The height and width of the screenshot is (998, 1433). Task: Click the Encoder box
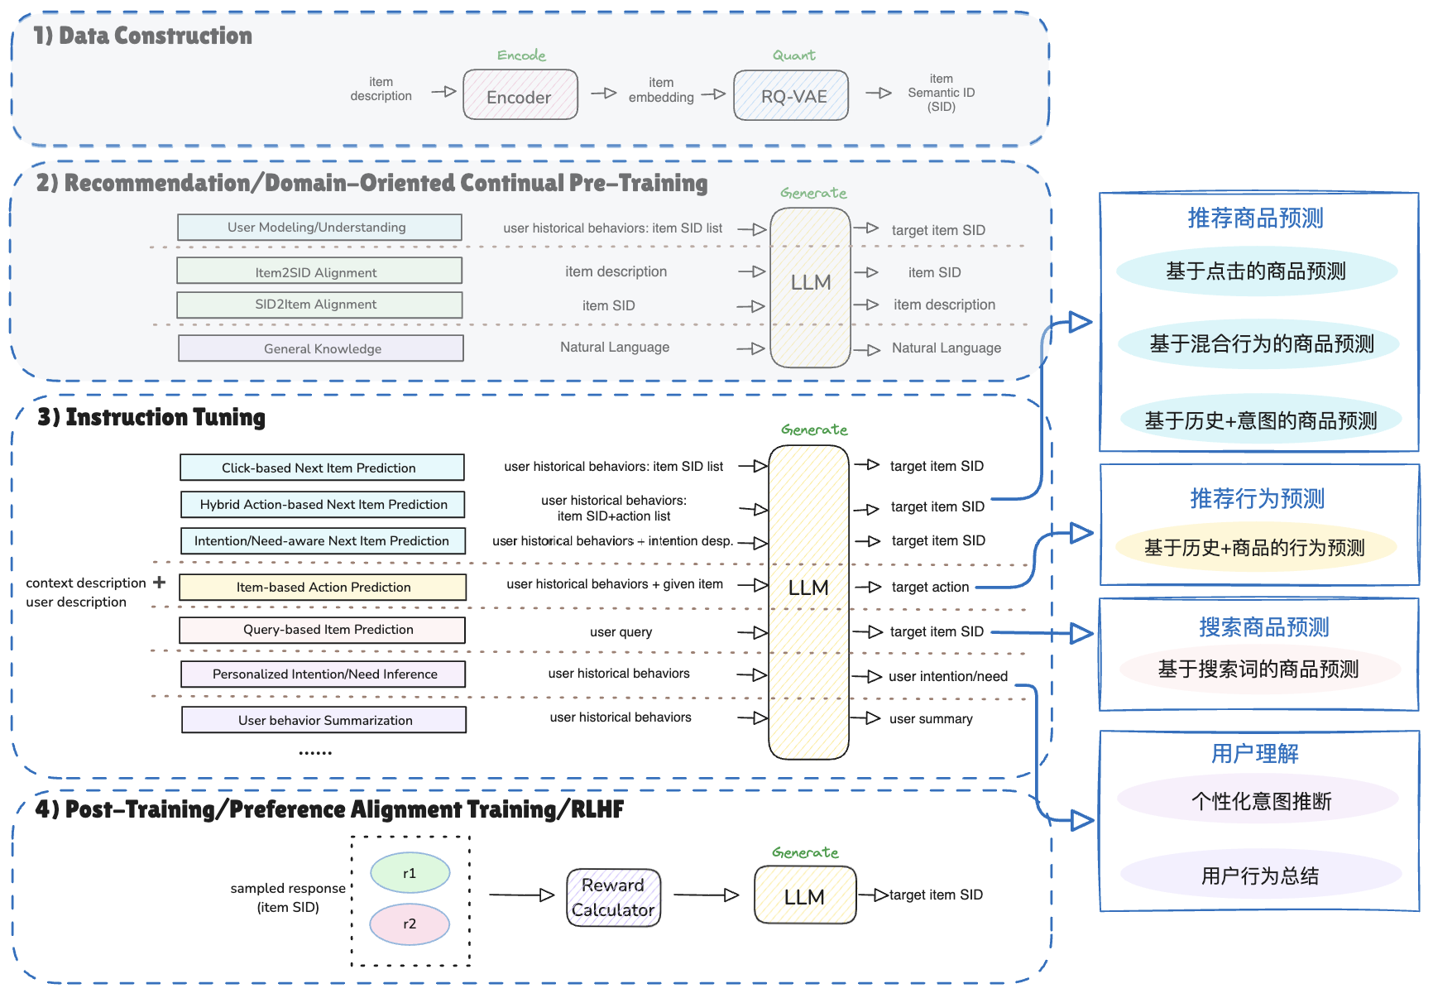(520, 94)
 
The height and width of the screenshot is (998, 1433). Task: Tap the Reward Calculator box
(613, 897)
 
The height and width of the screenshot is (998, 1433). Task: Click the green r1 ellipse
(410, 872)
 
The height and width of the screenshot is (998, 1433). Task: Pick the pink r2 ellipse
(410, 924)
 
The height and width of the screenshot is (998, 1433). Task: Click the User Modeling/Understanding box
(319, 228)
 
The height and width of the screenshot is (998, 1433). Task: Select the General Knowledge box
(321, 348)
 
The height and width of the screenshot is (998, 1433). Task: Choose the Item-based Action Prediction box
(323, 587)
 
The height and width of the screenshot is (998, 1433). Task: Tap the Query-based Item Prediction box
(323, 630)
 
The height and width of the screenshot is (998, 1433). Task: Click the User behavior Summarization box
(324, 720)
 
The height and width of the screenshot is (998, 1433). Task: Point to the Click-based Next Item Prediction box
(322, 468)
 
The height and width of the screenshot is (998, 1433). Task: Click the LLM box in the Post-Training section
(805, 895)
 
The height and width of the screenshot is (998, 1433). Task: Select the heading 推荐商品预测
(1256, 218)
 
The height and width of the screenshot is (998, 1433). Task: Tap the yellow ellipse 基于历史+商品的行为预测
(1256, 547)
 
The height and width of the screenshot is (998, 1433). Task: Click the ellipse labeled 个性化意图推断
(1258, 800)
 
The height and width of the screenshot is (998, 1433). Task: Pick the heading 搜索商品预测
(1264, 626)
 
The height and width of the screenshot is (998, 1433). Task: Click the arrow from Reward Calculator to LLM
(706, 895)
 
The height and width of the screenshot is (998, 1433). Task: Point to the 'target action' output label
(930, 587)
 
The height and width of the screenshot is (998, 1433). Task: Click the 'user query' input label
(621, 632)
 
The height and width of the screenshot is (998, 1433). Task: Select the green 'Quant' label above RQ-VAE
(794, 55)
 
